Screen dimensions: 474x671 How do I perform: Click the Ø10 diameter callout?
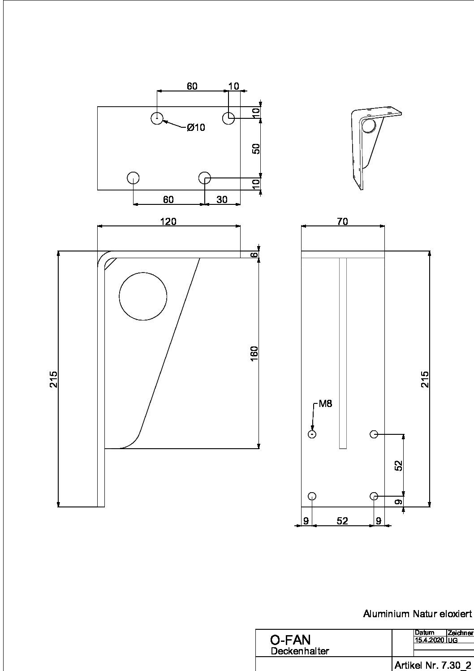click(196, 128)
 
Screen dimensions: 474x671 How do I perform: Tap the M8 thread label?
click(325, 404)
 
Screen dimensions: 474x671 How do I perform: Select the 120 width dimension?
click(168, 222)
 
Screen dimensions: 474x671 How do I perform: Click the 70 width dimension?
click(343, 222)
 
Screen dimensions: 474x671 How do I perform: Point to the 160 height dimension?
click(254, 354)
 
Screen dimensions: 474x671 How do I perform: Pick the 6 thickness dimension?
click(254, 255)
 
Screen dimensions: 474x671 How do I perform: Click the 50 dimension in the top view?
click(256, 148)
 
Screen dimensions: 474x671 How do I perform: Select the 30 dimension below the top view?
click(222, 199)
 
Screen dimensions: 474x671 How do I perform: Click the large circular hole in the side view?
click(143, 296)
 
